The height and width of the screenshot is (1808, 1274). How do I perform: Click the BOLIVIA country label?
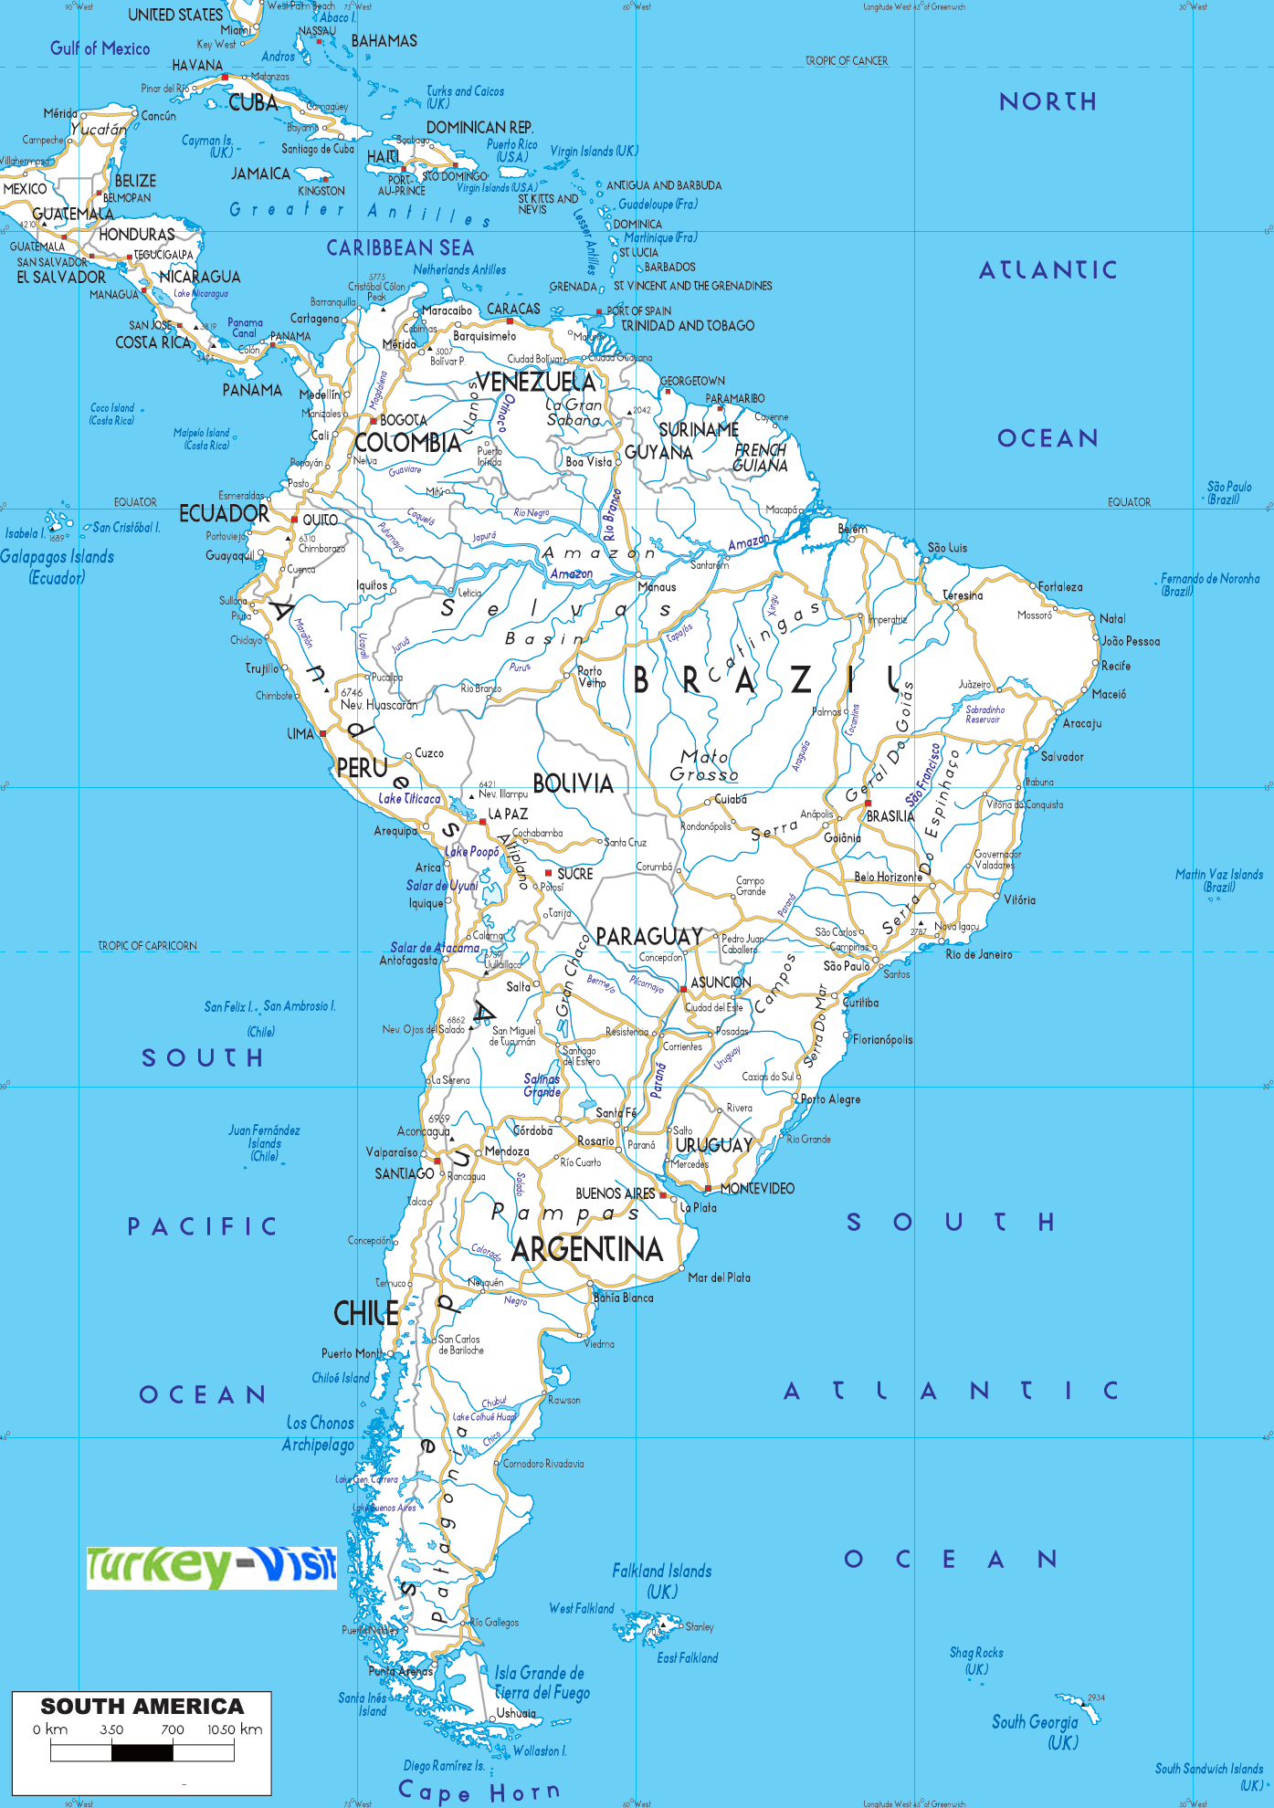[x=573, y=783]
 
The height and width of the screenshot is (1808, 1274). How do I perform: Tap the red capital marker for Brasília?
[x=868, y=804]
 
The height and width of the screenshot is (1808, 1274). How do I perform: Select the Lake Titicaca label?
[x=409, y=798]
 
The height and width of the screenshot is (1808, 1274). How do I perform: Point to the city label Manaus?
[x=657, y=587]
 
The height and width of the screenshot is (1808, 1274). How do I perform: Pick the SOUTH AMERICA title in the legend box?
[x=142, y=1706]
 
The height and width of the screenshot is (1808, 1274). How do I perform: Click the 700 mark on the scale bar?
[x=173, y=1729]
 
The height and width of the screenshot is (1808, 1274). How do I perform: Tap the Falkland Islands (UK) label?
[x=661, y=1581]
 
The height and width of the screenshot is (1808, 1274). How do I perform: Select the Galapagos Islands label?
[x=57, y=566]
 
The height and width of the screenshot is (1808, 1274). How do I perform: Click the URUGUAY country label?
[x=713, y=1145]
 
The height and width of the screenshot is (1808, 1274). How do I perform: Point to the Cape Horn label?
[x=479, y=1791]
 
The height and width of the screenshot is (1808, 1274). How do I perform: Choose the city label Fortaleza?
[x=1060, y=587]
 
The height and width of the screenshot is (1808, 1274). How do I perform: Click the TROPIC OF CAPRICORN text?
[x=147, y=946]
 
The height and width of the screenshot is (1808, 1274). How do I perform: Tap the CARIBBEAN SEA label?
[x=400, y=248]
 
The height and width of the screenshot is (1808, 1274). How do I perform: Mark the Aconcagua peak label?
[x=423, y=1131]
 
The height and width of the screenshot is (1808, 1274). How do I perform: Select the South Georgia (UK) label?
[x=1036, y=1731]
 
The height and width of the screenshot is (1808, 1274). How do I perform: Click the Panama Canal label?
[x=245, y=328]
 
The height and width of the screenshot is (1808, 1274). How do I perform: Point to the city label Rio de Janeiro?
[x=978, y=954]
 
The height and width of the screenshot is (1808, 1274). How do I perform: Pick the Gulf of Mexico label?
[x=100, y=48]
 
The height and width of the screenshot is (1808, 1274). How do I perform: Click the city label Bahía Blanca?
[x=623, y=1298]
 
